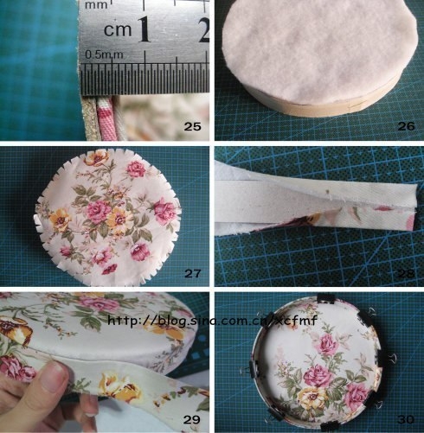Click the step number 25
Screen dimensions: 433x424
click(x=192, y=127)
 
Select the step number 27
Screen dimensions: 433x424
click(x=192, y=274)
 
